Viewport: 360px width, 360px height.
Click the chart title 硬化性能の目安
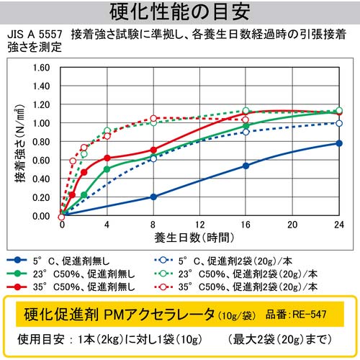(179, 12)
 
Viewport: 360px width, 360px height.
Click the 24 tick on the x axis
(338, 225)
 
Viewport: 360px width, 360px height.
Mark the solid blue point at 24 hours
(339, 143)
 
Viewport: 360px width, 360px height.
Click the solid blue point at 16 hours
(246, 166)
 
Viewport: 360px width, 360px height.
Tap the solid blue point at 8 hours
(153, 197)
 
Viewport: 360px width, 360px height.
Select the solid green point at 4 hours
(107, 169)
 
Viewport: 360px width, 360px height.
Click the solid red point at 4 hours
(107, 158)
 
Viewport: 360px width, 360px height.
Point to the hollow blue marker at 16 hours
(246, 132)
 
